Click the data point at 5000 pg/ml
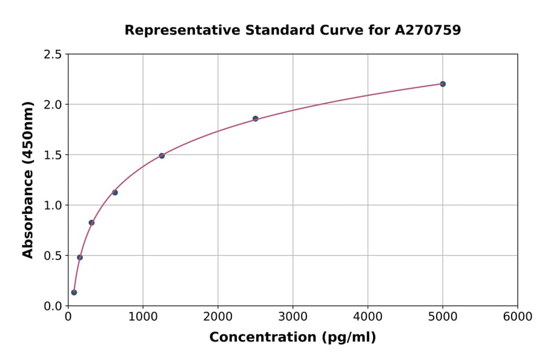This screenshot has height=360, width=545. (443, 84)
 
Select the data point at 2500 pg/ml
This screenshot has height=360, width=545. (256, 118)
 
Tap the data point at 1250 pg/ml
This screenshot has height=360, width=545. (162, 156)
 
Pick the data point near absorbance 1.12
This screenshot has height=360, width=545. (115, 193)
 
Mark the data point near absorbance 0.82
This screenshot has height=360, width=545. (91, 222)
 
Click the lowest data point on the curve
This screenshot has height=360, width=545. (74, 292)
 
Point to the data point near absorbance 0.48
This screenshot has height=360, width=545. (80, 257)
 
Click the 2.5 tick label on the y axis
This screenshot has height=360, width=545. (53, 55)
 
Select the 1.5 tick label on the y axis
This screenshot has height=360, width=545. (53, 155)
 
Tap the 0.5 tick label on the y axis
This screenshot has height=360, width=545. (53, 256)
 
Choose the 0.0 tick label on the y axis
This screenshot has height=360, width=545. (53, 306)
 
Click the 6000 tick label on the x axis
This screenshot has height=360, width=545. (517, 317)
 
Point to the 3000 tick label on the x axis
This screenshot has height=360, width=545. (292, 317)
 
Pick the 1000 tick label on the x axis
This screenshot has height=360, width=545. (143, 317)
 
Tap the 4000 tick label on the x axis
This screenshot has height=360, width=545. (368, 317)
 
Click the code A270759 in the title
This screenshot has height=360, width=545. (428, 30)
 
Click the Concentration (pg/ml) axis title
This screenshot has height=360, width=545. (292, 338)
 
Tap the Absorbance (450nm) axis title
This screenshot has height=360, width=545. (28, 179)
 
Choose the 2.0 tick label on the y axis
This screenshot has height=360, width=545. (53, 105)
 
